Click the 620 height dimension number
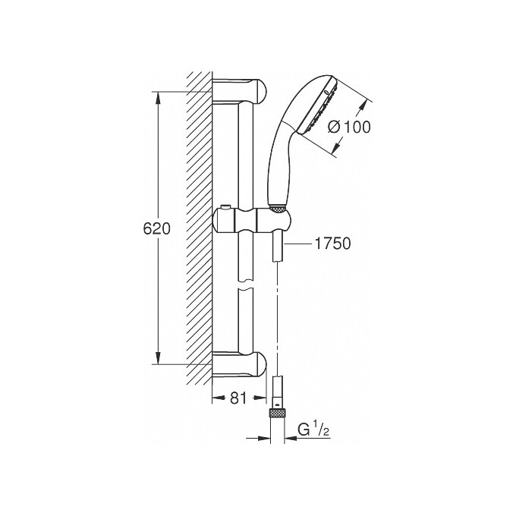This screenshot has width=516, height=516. (157, 228)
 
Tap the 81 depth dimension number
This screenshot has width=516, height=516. (238, 398)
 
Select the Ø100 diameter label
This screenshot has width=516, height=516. (349, 127)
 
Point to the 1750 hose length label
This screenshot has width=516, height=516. (332, 244)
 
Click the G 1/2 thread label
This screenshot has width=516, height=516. (313, 430)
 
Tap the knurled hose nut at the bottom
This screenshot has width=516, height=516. (278, 413)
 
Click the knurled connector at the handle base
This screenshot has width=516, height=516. (277, 208)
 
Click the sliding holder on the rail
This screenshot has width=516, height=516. (252, 221)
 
